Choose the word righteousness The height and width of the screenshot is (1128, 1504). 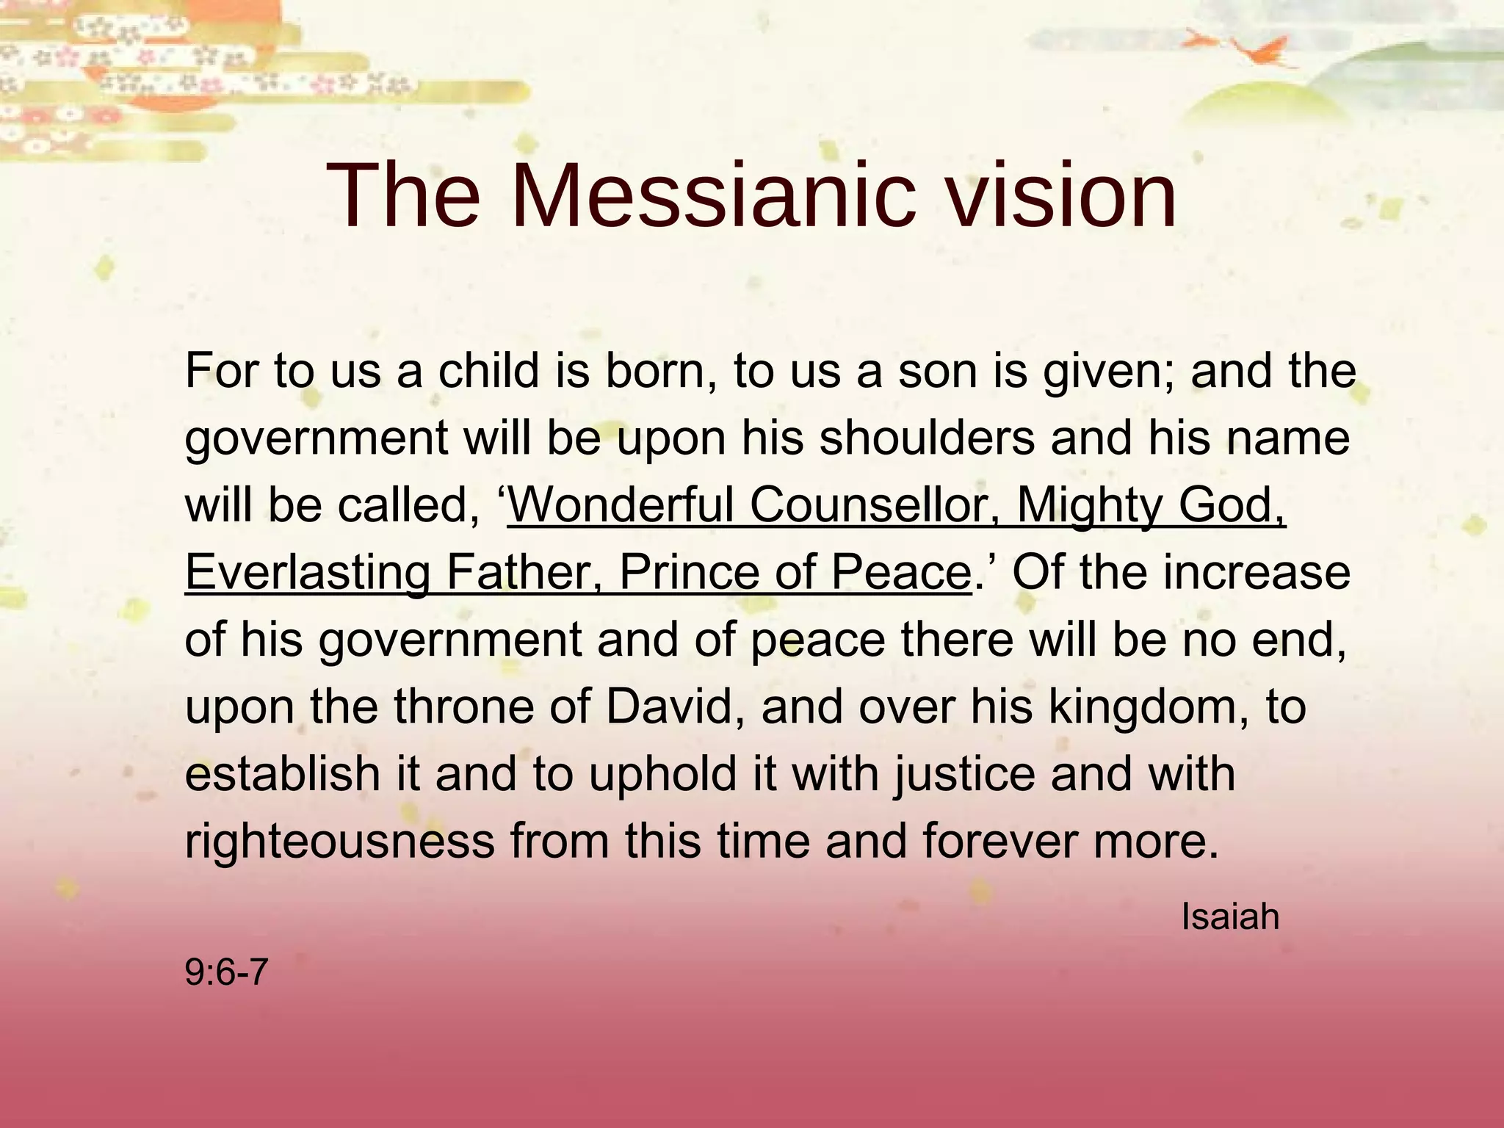339,842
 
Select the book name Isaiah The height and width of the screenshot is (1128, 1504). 1230,917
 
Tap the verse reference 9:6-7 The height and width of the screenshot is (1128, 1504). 226,974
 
